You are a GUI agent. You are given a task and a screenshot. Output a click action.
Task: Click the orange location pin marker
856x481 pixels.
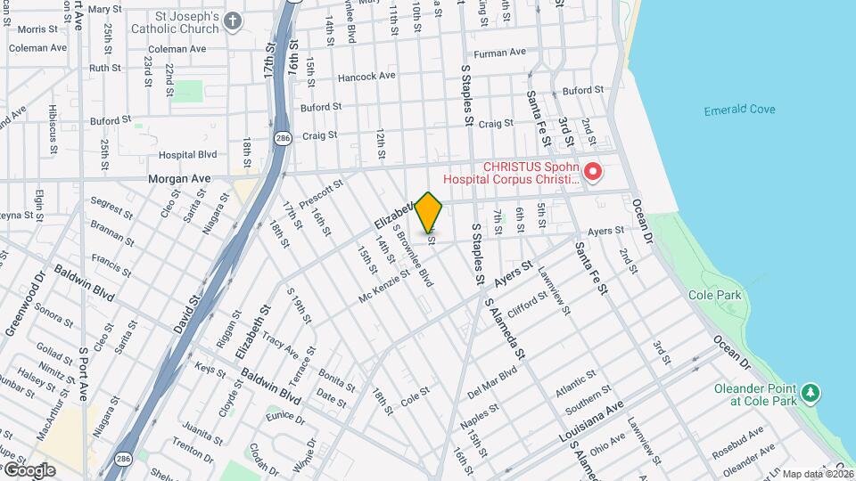point(429,212)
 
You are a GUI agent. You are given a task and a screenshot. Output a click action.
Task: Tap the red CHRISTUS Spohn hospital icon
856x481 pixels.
point(592,170)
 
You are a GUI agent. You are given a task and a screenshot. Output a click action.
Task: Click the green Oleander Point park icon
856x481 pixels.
point(810,393)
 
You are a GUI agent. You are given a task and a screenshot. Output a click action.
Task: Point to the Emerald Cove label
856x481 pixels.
point(739,110)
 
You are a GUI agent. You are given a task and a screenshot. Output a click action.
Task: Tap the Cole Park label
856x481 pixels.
point(710,294)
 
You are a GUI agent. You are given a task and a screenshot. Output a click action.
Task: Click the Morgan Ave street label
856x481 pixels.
point(180,178)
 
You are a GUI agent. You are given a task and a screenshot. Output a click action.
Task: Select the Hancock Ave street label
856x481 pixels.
point(366,76)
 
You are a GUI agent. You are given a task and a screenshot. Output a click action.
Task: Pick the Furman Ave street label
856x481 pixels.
point(501,53)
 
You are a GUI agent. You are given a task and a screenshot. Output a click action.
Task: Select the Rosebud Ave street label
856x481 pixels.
point(737,442)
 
